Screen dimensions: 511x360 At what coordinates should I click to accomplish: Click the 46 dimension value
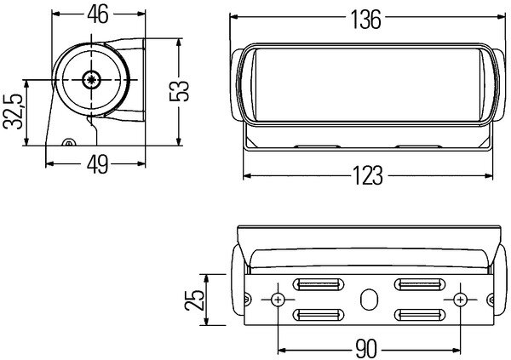pyautogui.click(x=98, y=14)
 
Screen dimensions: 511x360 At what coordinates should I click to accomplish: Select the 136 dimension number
pyautogui.click(x=365, y=20)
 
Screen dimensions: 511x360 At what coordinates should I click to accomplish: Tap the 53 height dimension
pyautogui.click(x=179, y=91)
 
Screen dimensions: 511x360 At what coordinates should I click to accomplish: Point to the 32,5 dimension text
pyautogui.click(x=13, y=111)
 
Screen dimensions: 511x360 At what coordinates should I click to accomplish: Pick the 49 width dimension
pyautogui.click(x=97, y=164)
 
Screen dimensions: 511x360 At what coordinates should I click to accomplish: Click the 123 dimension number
pyautogui.click(x=367, y=175)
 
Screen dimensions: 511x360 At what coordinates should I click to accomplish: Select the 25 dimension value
pyautogui.click(x=194, y=300)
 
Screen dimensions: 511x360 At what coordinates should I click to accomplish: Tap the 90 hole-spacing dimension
pyautogui.click(x=365, y=349)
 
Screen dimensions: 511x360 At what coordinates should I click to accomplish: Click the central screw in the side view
pyautogui.click(x=91, y=79)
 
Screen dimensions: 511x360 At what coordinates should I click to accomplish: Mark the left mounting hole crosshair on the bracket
pyautogui.click(x=278, y=299)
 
